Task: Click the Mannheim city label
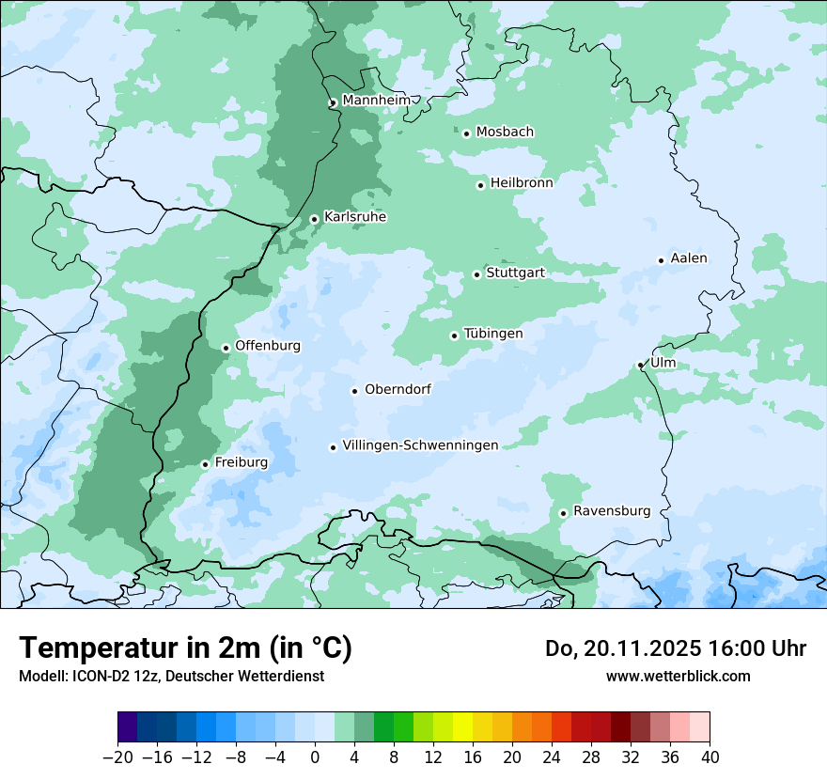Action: pyautogui.click(x=376, y=101)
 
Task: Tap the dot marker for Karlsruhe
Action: pyautogui.click(x=314, y=219)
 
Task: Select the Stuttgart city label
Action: pyautogui.click(x=515, y=273)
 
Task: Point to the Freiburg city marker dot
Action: pyautogui.click(x=205, y=464)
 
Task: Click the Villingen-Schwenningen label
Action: pyautogui.click(x=420, y=445)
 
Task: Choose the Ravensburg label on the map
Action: pyautogui.click(x=611, y=511)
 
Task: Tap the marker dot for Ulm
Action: pyautogui.click(x=640, y=365)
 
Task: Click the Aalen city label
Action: pyautogui.click(x=689, y=258)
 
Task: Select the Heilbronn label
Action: pyautogui.click(x=522, y=183)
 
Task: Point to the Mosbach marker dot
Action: pyautogui.click(x=466, y=133)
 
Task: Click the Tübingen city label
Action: pyautogui.click(x=493, y=334)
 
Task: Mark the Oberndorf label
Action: pyautogui.click(x=398, y=389)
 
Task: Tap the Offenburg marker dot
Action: pyautogui.click(x=226, y=348)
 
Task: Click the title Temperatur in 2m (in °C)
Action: pyautogui.click(x=185, y=648)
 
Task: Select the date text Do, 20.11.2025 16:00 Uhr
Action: pyautogui.click(x=675, y=648)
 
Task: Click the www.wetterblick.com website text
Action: pyautogui.click(x=678, y=676)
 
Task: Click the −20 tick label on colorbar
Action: pyautogui.click(x=117, y=757)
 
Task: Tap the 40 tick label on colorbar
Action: pyautogui.click(x=710, y=757)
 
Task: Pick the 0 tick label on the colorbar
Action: pyautogui.click(x=315, y=757)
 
